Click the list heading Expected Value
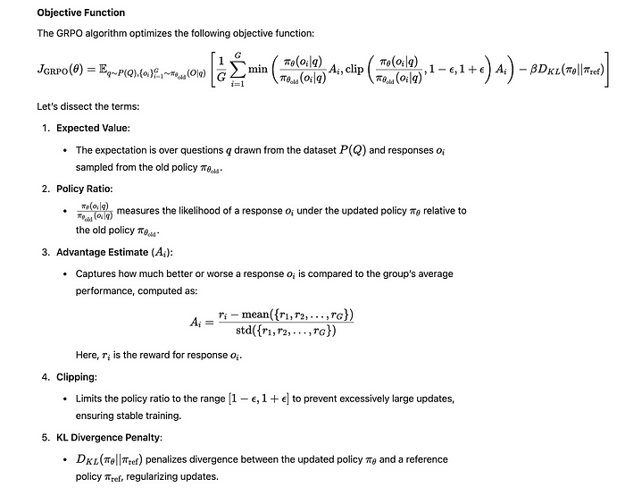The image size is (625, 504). pos(90,129)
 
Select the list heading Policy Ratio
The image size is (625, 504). pos(85,189)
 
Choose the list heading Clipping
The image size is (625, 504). pos(77,376)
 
